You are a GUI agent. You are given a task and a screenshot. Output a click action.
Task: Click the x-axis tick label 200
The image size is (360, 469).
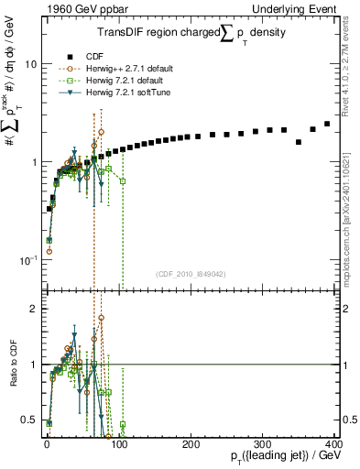[x=191, y=444]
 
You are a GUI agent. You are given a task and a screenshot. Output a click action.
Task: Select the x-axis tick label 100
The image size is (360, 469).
[x=118, y=444]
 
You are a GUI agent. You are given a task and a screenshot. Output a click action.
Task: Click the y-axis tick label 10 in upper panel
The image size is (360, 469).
[x=29, y=64]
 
